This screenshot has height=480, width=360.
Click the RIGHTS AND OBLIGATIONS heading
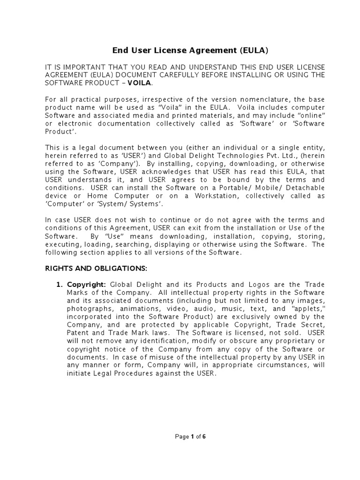tap(96, 269)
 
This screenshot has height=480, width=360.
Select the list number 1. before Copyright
tap(59, 285)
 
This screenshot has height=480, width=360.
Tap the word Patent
tap(77, 333)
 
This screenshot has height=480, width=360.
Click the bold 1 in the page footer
tap(192, 437)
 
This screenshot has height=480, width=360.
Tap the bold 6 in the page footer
tap(204, 437)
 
